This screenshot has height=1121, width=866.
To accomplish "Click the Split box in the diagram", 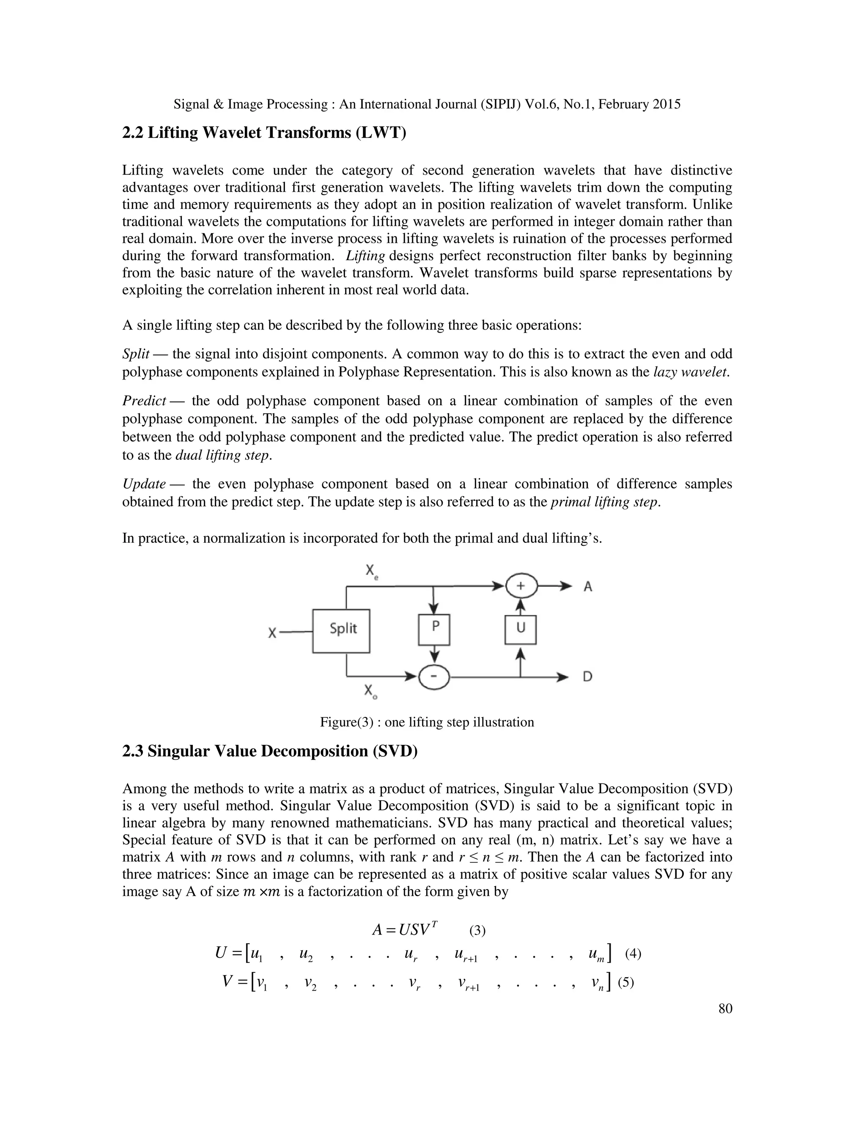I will pos(341,631).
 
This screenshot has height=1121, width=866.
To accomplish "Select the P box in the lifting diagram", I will pos(434,629).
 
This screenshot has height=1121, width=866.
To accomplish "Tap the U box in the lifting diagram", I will pos(520,629).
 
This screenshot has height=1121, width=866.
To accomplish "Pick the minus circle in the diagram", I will pos(434,678).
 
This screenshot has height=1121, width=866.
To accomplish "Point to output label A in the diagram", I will pos(588,586).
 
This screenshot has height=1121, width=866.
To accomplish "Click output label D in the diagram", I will pos(587,676).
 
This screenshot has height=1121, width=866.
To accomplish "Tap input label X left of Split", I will pos(272,633).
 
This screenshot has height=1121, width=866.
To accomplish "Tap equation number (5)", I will pos(626,982).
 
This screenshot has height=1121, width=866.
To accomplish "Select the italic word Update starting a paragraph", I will pos(144,484).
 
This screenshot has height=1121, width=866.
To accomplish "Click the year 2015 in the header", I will pos(666,104).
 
